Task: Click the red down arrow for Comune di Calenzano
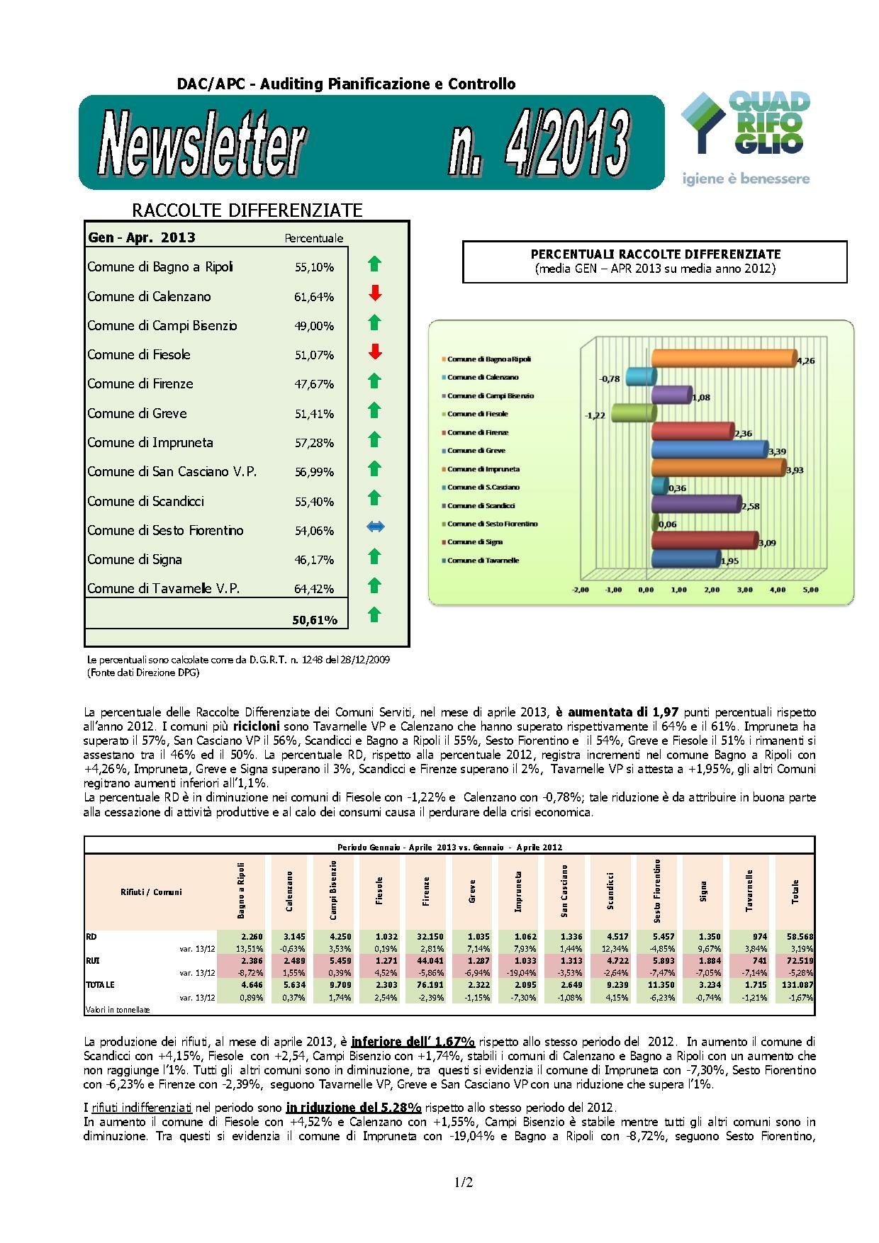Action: pyautogui.click(x=375, y=293)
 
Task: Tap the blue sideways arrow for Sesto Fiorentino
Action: pyautogui.click(x=375, y=527)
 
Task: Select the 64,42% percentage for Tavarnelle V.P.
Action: pyautogui.click(x=314, y=589)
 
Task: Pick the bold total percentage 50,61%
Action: pyautogui.click(x=314, y=620)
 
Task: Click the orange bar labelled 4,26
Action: pyautogui.click(x=723, y=359)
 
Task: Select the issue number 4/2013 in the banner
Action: pyautogui.click(x=539, y=145)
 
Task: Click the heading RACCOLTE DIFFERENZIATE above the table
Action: pyautogui.click(x=247, y=210)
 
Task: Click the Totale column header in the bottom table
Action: pyautogui.click(x=795, y=892)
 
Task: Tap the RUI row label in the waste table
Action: pyautogui.click(x=91, y=961)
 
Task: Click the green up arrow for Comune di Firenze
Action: pyautogui.click(x=375, y=381)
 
